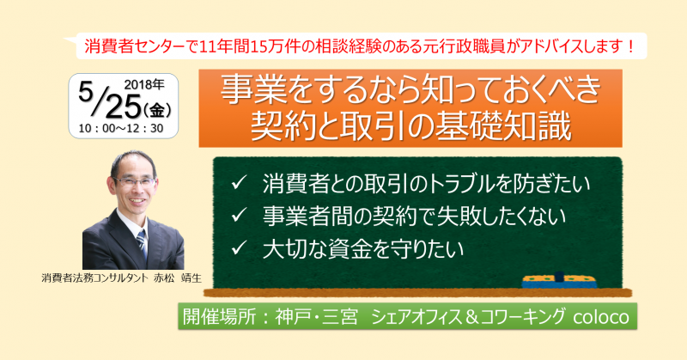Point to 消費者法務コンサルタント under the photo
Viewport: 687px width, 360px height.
97,279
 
